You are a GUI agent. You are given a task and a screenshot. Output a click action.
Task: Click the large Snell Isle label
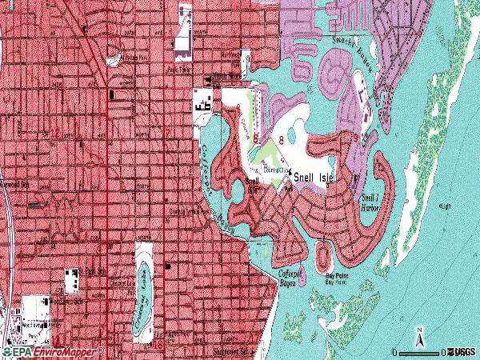[x=312, y=177]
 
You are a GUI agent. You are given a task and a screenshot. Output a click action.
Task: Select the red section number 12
[x=54, y=130]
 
